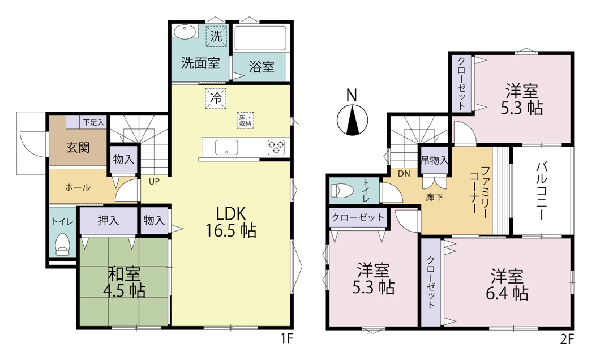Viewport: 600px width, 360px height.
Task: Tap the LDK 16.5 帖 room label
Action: point(231,222)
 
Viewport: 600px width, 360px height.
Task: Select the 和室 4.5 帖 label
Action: point(124,282)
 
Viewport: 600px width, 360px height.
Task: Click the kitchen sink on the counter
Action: point(226,147)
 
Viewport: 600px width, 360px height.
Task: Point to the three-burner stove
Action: point(276,147)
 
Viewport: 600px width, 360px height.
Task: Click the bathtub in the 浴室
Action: point(260,38)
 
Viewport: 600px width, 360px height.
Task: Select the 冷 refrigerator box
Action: point(216,98)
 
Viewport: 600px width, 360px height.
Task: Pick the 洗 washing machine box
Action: point(216,36)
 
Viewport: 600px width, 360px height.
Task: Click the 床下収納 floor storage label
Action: point(245,121)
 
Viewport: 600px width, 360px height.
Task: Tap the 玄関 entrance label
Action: point(78,147)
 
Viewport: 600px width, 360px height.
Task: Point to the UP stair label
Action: point(154,182)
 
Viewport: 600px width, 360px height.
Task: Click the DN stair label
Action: point(404,174)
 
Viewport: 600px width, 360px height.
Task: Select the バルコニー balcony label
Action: point(541,191)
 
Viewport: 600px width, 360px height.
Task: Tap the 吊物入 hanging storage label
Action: point(435,160)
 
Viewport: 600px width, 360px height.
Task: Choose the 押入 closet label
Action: point(108,220)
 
